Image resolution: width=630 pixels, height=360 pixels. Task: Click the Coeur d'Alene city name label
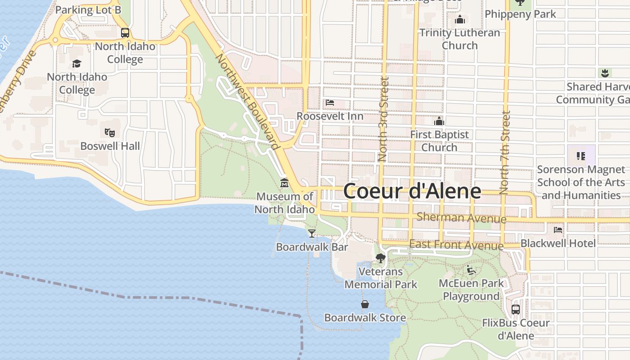pos(412,191)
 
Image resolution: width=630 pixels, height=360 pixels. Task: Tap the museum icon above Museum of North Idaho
pos(284,183)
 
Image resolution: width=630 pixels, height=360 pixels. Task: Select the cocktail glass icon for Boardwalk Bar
pos(311,233)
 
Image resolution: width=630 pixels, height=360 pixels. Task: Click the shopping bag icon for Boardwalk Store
pos(365,304)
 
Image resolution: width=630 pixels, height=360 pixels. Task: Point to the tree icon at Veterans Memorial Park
pos(380,258)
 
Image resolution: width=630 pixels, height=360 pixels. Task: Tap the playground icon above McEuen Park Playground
pos(471,270)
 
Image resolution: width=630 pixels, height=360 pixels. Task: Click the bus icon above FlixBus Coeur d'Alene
pos(516,310)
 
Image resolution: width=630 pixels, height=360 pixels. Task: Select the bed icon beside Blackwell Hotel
pos(558,229)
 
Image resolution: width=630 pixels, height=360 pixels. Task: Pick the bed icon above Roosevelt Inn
pos(330,103)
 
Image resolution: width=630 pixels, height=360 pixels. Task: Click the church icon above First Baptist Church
pos(439,121)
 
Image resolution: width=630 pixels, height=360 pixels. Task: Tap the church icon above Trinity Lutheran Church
pos(460,19)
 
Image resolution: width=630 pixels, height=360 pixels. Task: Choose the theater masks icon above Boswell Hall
pos(110,132)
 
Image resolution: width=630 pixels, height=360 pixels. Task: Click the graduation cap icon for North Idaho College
pos(77,63)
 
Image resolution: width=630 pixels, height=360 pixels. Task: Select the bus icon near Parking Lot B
pos(125,32)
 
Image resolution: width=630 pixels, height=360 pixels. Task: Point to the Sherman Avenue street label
pos(461,218)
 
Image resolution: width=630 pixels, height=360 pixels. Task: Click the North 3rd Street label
pos(383,119)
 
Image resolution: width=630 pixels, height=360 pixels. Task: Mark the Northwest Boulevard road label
pos(247,102)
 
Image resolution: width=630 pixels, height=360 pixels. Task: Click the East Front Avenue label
pos(456,245)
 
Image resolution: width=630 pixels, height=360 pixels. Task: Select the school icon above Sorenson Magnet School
pos(581,156)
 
